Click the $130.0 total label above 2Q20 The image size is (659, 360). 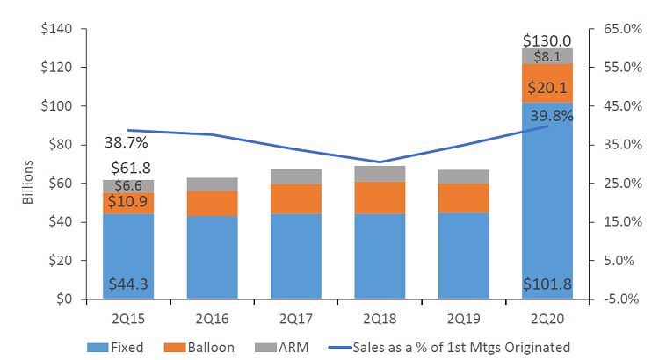pos(547,40)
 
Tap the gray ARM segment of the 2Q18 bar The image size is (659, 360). pos(380,174)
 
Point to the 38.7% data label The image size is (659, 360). pos(126,142)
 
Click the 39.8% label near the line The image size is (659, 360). pos(551,116)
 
